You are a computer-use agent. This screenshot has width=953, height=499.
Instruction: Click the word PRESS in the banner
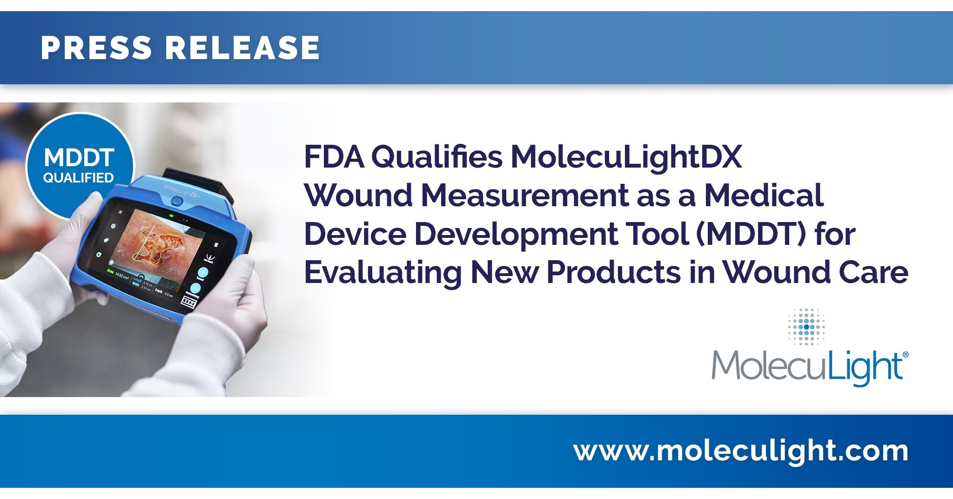pos(96,47)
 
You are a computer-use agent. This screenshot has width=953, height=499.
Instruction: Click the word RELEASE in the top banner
pos(242,47)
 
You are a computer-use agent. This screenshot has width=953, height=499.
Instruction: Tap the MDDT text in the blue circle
pos(79,158)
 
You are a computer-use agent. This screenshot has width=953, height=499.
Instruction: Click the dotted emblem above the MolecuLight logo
pos(806,326)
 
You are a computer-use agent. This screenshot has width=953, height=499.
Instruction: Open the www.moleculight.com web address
pos(741,451)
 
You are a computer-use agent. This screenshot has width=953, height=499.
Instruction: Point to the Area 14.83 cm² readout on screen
pos(118,273)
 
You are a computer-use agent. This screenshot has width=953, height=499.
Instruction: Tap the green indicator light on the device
pos(172,216)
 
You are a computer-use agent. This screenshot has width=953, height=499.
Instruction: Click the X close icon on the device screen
pos(121,212)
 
